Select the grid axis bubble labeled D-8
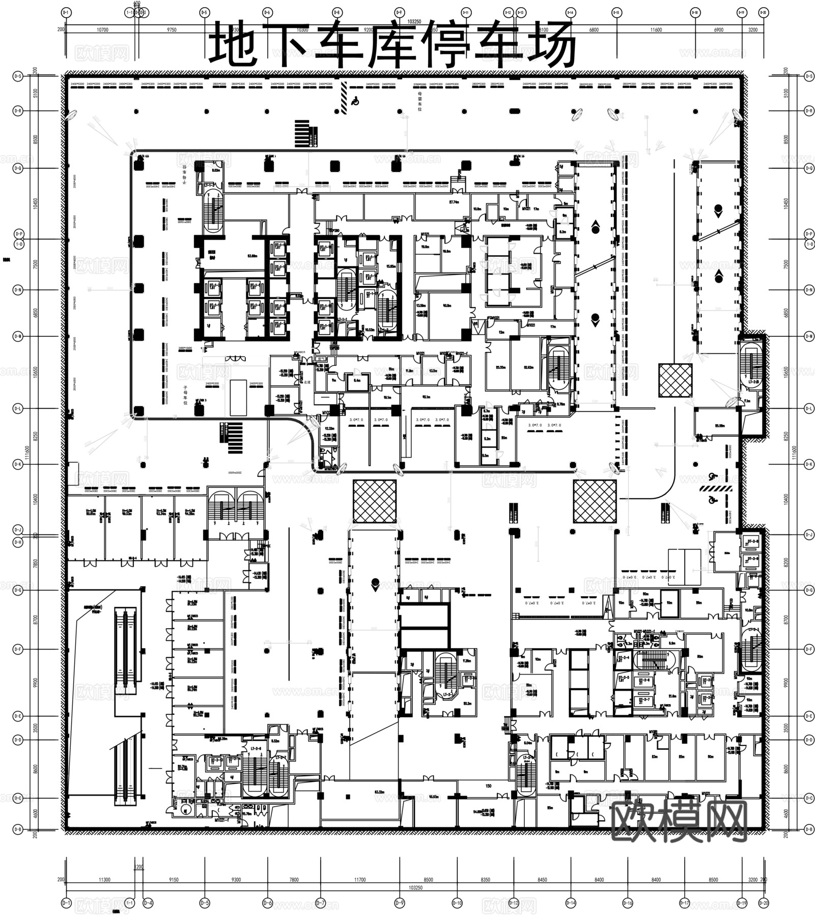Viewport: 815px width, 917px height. pyautogui.click(x=336, y=12)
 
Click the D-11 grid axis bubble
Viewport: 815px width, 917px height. pyautogui.click(x=466, y=12)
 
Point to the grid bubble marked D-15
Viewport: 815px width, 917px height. pyautogui.click(x=616, y=12)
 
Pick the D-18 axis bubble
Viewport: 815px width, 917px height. pyautogui.click(x=695, y=12)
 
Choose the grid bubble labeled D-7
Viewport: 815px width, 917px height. pyautogui.click(x=320, y=903)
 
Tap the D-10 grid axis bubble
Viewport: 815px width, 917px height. pyautogui.click(x=457, y=903)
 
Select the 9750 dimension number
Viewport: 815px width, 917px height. pyautogui.click(x=172, y=30)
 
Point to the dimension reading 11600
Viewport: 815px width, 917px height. pyautogui.click(x=656, y=30)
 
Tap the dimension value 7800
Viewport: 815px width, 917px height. pyautogui.click(x=294, y=880)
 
